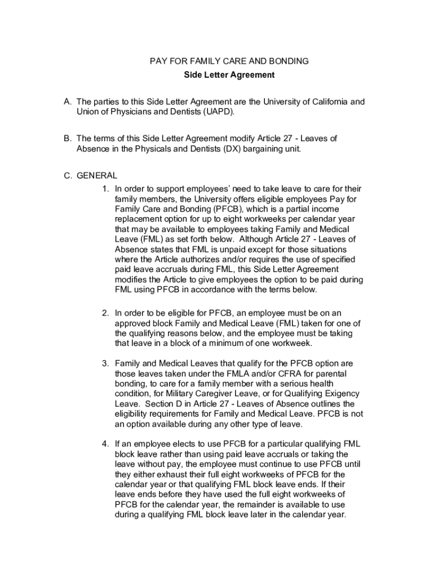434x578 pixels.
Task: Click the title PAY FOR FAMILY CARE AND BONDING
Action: coord(229,61)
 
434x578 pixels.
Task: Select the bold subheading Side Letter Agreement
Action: coord(229,75)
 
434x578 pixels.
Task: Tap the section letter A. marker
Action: coord(67,102)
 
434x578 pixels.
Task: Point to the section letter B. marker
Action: coord(67,139)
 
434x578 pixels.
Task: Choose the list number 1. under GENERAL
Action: coord(105,189)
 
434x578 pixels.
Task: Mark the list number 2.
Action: coord(105,313)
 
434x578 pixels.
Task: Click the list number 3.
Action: coord(105,364)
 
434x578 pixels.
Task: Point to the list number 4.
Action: coord(105,444)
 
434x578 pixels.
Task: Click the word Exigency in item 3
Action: coord(338,394)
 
